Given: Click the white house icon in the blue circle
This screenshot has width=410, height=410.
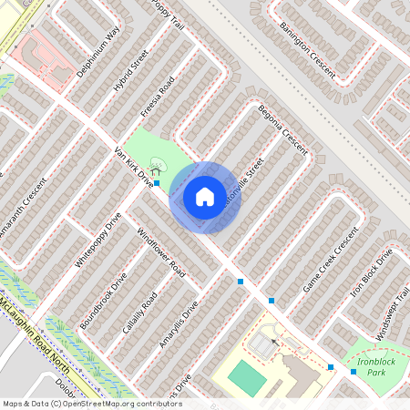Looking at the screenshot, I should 204,196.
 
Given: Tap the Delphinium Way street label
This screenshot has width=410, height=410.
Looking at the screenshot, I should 99,52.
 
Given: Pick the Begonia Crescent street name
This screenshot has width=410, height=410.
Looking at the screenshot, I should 283,128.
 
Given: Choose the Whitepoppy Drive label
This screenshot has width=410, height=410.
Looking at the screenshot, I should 97,239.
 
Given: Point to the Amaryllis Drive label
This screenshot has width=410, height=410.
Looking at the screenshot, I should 179,325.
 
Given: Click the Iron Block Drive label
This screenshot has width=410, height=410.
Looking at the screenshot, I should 372,272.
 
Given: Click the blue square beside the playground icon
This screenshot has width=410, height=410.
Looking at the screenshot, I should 157,183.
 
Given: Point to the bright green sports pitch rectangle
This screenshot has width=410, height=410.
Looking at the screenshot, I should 244,374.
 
